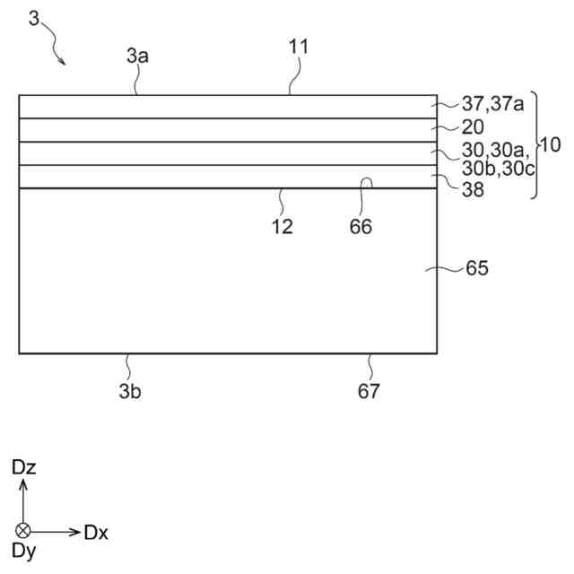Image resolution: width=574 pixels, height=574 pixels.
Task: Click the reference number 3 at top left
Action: [34, 18]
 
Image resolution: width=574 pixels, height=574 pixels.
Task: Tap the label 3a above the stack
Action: [137, 56]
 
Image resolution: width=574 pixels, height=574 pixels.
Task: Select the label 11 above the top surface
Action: [299, 47]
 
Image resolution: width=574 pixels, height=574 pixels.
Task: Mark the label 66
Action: [361, 227]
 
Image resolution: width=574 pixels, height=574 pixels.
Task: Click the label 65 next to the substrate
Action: [476, 268]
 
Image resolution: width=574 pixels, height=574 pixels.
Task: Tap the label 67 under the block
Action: [370, 391]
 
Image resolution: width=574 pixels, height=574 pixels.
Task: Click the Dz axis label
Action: [23, 467]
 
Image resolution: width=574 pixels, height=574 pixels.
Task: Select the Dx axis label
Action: [97, 532]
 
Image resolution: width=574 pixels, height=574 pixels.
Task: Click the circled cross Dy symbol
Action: [23, 531]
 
